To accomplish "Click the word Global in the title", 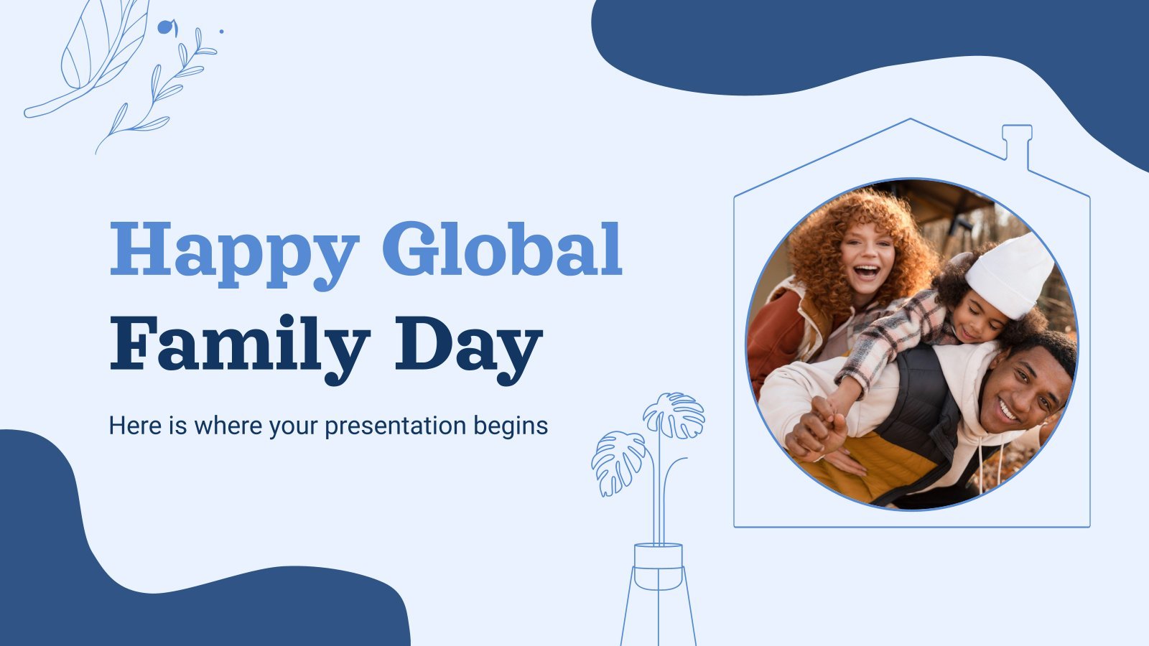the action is click(x=503, y=248).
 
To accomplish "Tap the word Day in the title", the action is click(x=469, y=350).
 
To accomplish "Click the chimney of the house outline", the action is click(x=1017, y=146).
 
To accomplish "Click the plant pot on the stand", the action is click(x=658, y=566).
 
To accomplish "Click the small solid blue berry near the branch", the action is click(x=165, y=27).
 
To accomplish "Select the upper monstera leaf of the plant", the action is click(x=674, y=416).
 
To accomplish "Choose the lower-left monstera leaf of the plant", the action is click(x=618, y=462).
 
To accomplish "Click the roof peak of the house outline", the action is click(x=911, y=120).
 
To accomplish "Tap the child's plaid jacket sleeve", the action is click(x=893, y=338).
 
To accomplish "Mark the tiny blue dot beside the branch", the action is click(x=222, y=32).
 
